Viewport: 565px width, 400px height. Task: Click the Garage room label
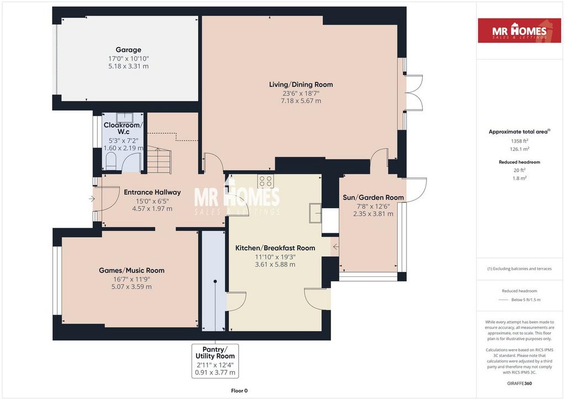coord(128,50)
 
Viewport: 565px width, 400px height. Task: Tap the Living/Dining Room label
coord(301,85)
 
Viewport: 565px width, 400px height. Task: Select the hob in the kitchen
coord(265,181)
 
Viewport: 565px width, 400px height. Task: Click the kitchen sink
coord(315,213)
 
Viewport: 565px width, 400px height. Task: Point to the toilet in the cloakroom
coord(110,161)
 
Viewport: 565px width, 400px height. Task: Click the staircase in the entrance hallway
coord(159,160)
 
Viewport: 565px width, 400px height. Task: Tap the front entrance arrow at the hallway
coord(92,198)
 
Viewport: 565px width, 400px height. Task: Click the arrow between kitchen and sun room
coord(336,247)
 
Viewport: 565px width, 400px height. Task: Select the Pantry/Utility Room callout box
coord(215,361)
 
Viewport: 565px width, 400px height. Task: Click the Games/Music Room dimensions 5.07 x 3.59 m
coord(131,287)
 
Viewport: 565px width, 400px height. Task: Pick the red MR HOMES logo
coord(519,30)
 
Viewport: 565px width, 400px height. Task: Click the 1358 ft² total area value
coord(519,141)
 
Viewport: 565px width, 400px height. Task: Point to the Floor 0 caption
coord(239,391)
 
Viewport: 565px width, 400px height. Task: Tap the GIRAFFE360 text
coord(519,383)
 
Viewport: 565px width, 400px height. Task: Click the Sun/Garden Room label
coord(373,197)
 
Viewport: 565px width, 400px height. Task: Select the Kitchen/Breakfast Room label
coord(275,248)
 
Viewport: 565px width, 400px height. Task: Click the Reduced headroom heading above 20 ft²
coord(519,162)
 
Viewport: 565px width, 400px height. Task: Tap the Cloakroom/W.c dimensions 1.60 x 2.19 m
coord(123,148)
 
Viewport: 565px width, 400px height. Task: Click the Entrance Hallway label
coord(152,192)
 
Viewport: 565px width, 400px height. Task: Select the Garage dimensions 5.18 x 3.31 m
coord(128,66)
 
